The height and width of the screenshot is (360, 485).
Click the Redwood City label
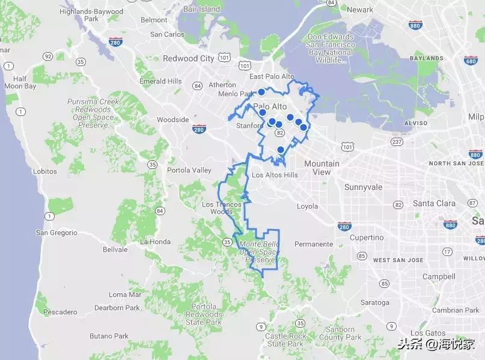(x=188, y=58)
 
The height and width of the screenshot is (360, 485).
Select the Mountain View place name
(x=322, y=168)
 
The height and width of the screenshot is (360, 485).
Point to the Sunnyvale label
(x=363, y=187)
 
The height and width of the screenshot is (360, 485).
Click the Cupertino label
(x=366, y=237)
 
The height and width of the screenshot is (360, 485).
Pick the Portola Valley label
(x=189, y=170)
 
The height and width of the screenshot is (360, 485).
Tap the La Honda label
(x=155, y=242)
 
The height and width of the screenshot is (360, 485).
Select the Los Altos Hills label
(x=274, y=175)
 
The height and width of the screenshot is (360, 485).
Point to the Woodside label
(x=172, y=120)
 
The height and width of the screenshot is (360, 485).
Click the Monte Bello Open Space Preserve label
(x=257, y=252)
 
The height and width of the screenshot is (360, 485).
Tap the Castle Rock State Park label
(x=285, y=340)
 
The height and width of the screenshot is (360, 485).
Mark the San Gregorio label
(x=56, y=233)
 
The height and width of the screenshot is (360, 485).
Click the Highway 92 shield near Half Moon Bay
(x=47, y=56)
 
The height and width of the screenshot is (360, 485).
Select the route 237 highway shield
(x=396, y=142)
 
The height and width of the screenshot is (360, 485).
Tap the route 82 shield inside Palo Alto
(x=280, y=132)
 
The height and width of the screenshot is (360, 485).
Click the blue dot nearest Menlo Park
(x=261, y=92)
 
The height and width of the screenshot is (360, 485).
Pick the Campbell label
(x=438, y=276)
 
